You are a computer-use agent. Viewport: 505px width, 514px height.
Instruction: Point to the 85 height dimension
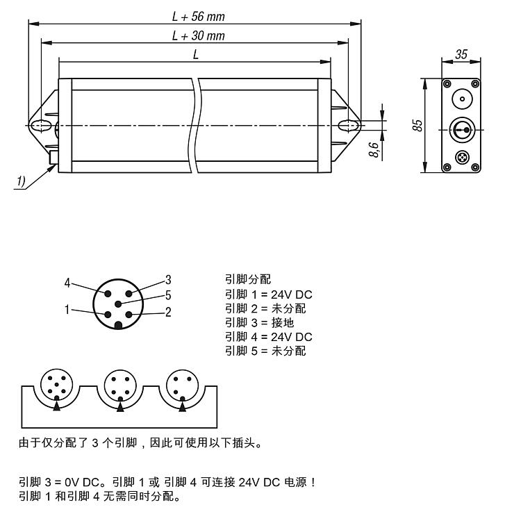416,126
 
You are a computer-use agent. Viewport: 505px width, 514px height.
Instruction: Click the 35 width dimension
461,54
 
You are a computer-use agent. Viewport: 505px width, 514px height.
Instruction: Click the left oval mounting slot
41,126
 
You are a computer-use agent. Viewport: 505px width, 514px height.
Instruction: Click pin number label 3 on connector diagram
167,280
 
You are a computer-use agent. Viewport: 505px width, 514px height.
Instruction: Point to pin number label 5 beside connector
167,295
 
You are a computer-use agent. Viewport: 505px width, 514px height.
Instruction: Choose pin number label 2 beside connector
167,312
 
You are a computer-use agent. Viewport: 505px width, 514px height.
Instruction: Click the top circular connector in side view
461,98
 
